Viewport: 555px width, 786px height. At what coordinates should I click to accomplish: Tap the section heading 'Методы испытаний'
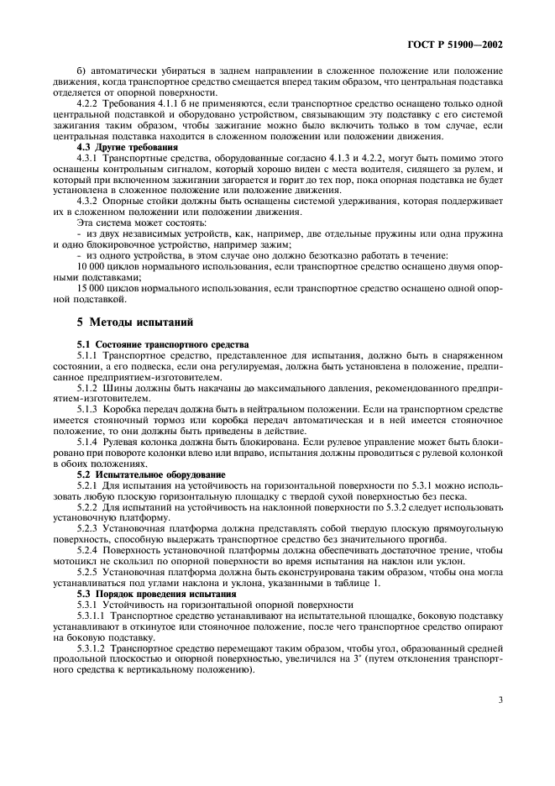click(123, 322)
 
